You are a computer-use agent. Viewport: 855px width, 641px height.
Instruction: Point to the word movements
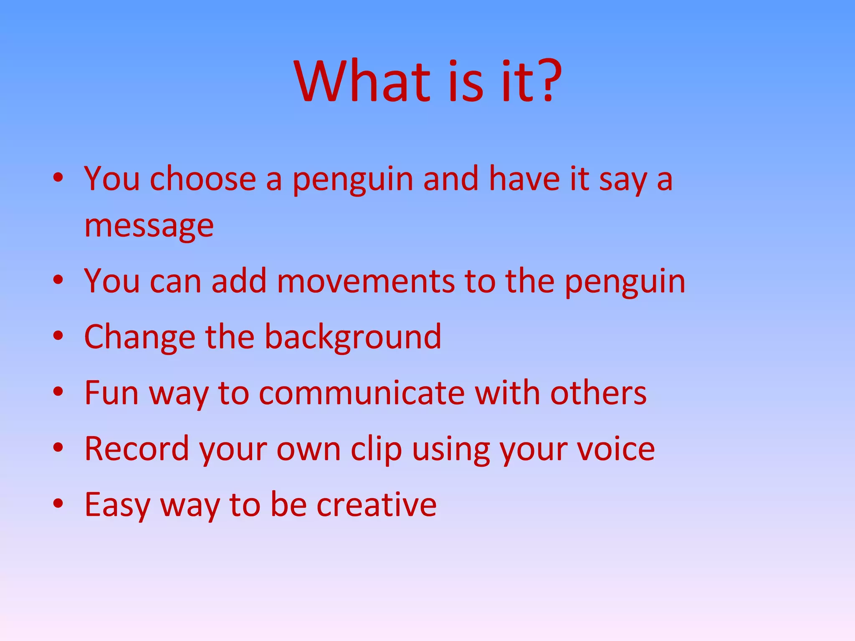pyautogui.click(x=365, y=281)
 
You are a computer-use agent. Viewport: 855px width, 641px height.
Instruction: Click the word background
pyautogui.click(x=353, y=337)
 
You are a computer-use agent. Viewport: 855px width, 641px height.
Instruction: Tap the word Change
pyautogui.click(x=139, y=337)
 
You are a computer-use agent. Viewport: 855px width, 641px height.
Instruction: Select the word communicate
pyautogui.click(x=362, y=393)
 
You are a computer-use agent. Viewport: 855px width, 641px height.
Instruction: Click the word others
pyautogui.click(x=598, y=393)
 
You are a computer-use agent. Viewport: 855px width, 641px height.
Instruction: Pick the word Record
pyautogui.click(x=137, y=449)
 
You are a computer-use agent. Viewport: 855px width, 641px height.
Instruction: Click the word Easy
pyautogui.click(x=117, y=505)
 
